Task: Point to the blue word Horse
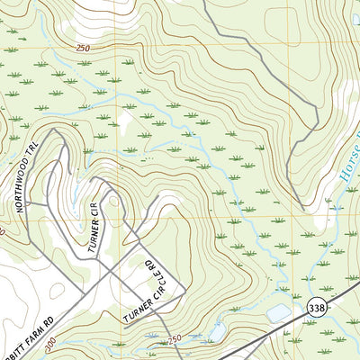click(349, 171)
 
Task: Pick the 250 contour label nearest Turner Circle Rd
click(174, 337)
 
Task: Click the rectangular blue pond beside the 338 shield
click(278, 313)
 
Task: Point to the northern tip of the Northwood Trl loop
click(54, 130)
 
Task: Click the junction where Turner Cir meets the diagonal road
click(98, 192)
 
